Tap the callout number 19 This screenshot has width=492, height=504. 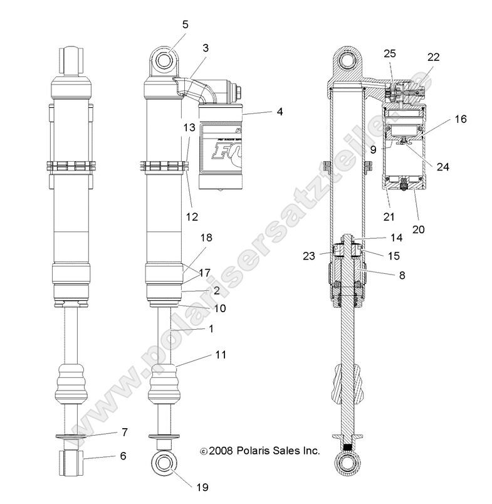(202, 486)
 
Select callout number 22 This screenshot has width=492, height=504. (434, 56)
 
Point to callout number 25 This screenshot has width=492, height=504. (389, 54)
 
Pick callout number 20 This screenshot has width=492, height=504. (418, 229)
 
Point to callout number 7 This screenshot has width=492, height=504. (124, 432)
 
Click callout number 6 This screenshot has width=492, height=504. (123, 456)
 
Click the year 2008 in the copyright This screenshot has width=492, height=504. (222, 450)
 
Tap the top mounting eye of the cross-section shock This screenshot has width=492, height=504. (347, 62)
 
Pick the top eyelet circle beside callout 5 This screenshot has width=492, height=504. (165, 62)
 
